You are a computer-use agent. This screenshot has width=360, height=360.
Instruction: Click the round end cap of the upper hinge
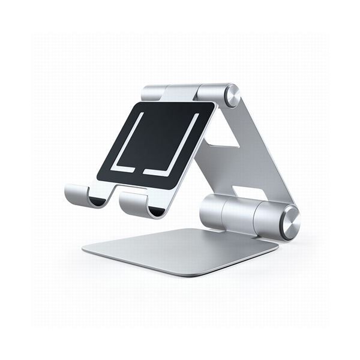[232, 95]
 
